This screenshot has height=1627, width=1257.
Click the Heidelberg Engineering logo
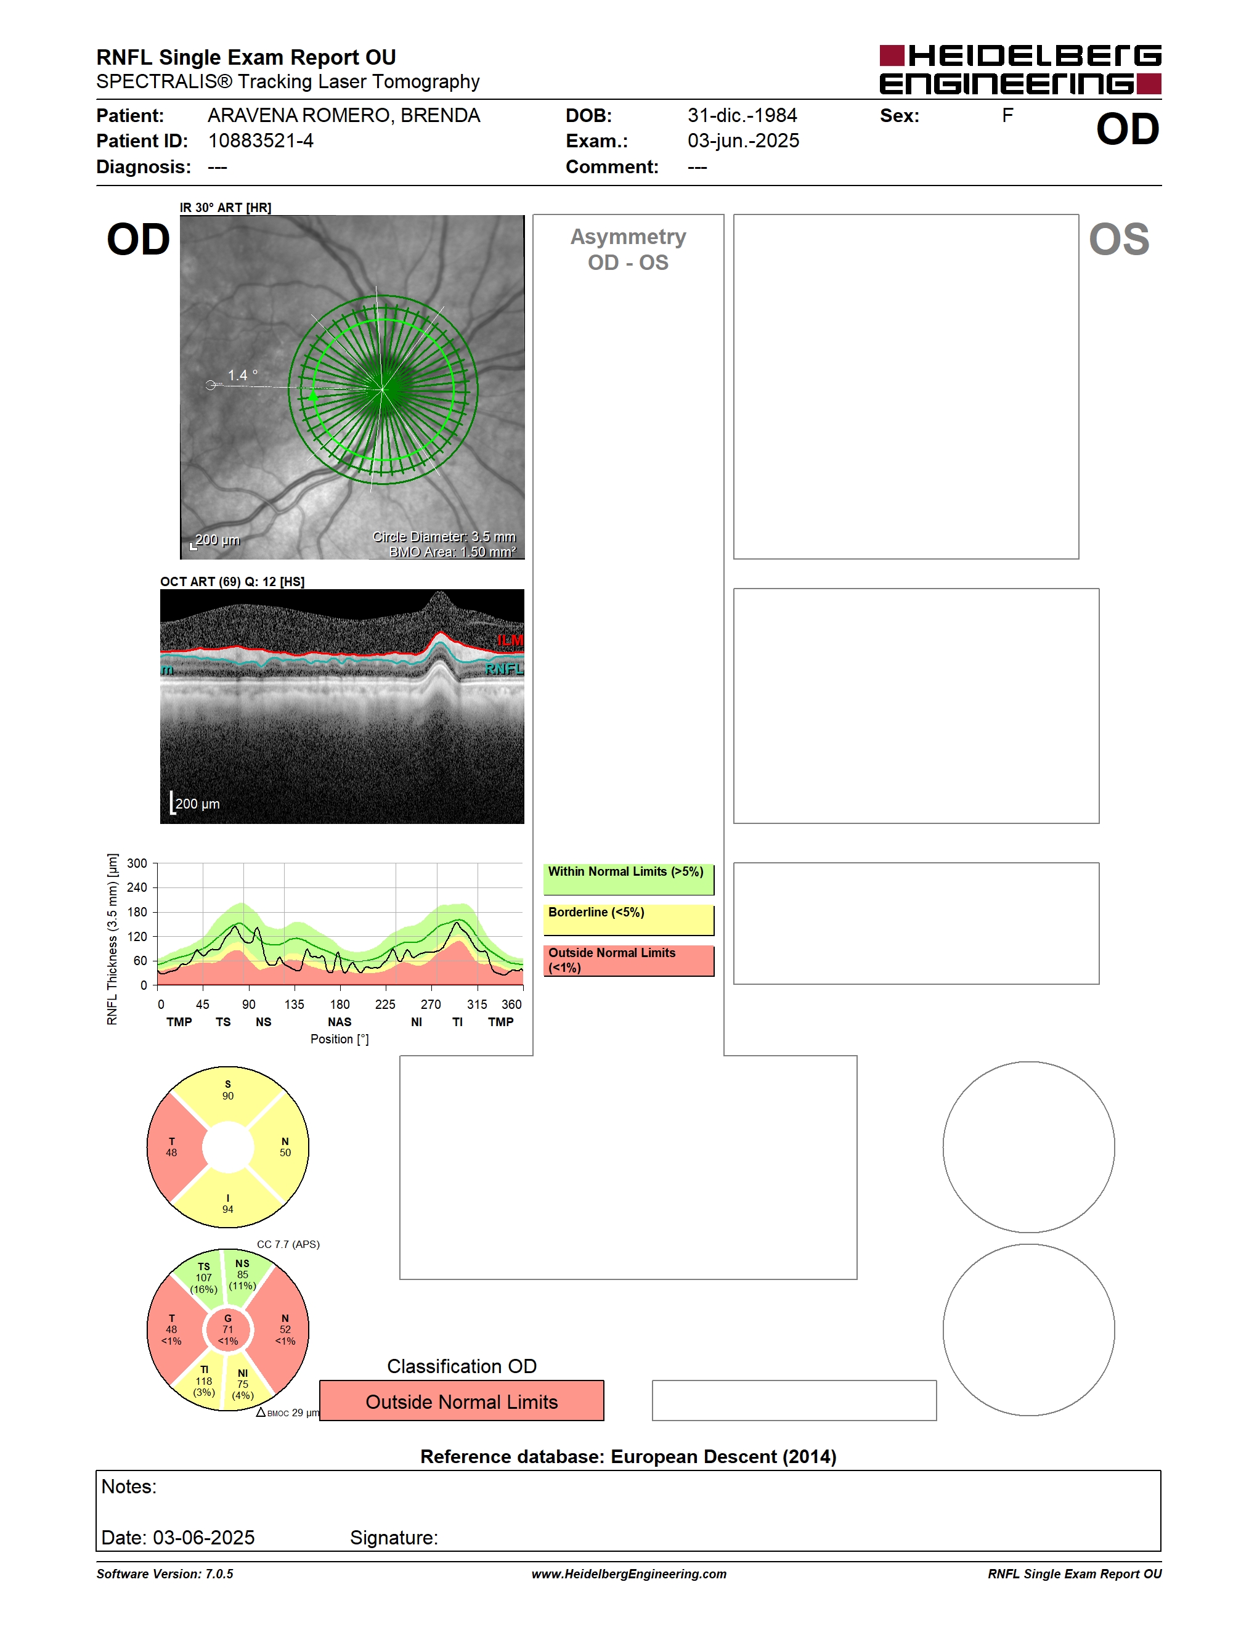(1020, 70)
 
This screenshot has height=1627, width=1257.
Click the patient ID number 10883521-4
(261, 141)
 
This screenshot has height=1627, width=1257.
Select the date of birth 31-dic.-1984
(742, 115)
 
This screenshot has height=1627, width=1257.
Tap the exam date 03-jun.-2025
(743, 141)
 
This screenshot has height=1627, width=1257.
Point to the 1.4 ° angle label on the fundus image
(243, 375)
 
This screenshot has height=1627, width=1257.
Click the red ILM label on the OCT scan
(510, 640)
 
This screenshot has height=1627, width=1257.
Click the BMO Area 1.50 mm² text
(453, 552)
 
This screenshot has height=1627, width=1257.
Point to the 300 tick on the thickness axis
(137, 863)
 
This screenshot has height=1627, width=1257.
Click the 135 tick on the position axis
(294, 1004)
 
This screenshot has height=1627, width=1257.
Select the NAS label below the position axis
(340, 1022)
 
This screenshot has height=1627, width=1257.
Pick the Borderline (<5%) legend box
(628, 920)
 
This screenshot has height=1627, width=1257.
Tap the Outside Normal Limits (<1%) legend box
(628, 960)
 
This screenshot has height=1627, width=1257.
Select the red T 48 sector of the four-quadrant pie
(173, 1148)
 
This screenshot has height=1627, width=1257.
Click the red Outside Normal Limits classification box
(462, 1401)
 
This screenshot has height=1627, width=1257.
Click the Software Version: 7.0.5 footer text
(165, 1573)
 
